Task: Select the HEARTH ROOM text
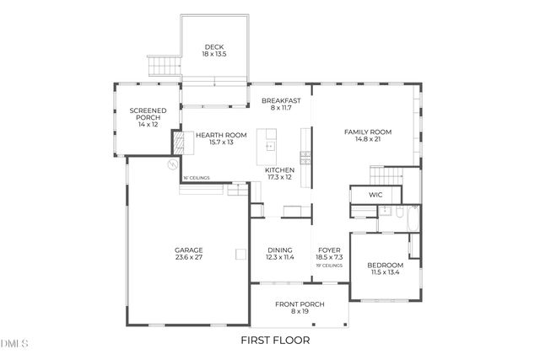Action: point(221,134)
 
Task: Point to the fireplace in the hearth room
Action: point(178,142)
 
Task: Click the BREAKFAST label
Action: point(281,100)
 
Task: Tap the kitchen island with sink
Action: point(269,142)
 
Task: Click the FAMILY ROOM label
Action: point(369,132)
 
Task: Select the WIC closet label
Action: point(376,195)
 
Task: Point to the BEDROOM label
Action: point(385,266)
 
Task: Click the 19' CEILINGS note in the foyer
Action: point(329,266)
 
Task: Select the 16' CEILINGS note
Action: point(197,178)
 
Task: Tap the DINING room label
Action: point(280,250)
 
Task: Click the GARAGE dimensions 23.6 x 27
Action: point(188,258)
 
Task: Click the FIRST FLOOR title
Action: point(275,341)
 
